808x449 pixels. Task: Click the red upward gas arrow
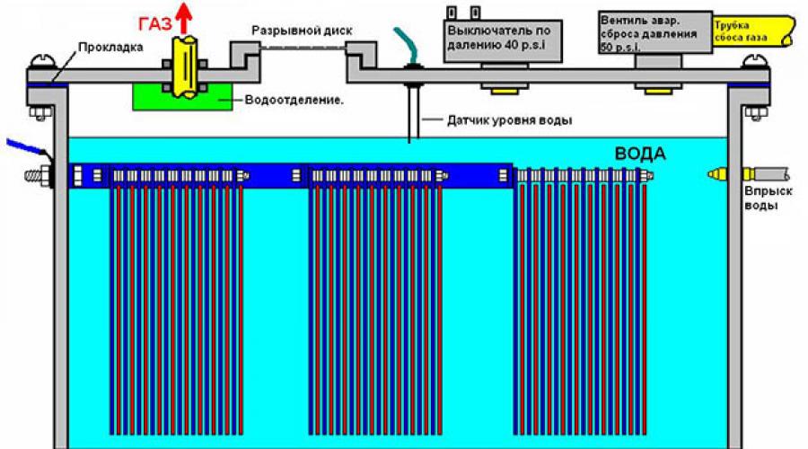(x=183, y=18)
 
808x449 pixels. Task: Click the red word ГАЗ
(x=155, y=24)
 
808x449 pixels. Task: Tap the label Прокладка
(x=110, y=48)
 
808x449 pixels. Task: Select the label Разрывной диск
(x=302, y=31)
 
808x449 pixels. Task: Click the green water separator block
(x=182, y=96)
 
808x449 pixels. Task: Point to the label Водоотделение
(x=294, y=100)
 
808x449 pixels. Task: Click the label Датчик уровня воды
(x=510, y=120)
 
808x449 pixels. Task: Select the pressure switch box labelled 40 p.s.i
(x=503, y=40)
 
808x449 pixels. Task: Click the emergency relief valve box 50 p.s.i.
(x=655, y=32)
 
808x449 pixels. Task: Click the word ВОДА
(x=640, y=153)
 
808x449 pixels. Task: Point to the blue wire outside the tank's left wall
(x=26, y=145)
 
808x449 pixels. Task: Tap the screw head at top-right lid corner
(x=754, y=61)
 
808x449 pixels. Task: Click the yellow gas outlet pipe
(x=184, y=66)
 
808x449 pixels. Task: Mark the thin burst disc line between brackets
(x=303, y=48)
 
